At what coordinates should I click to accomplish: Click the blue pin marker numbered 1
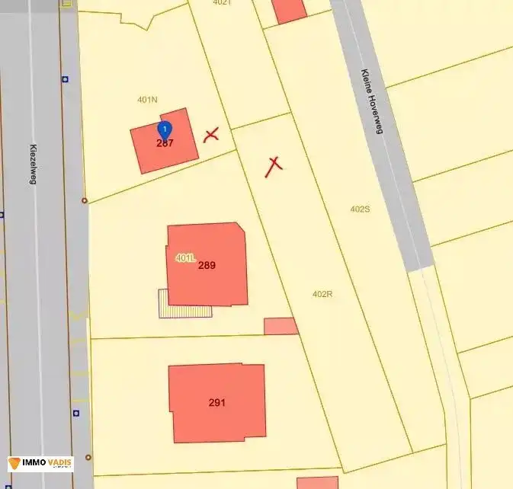tap(165, 129)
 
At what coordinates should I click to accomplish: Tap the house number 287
tap(165, 143)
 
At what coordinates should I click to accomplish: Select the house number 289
tap(207, 266)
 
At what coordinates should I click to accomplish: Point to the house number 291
tap(217, 402)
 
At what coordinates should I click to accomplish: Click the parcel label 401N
tap(147, 100)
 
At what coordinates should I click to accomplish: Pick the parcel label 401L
tap(184, 257)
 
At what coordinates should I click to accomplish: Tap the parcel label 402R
tap(322, 293)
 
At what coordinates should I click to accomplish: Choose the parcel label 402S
tap(360, 209)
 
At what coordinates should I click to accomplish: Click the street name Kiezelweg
tap(34, 165)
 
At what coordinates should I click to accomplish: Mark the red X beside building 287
tap(211, 136)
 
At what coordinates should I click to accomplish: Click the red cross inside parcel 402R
tap(274, 165)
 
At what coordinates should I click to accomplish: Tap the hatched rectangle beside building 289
tap(184, 303)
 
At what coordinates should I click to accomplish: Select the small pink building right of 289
tap(281, 326)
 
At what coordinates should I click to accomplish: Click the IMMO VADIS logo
tap(41, 463)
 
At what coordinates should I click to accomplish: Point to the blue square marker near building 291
tap(76, 413)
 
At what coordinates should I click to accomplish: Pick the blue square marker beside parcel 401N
tap(66, 78)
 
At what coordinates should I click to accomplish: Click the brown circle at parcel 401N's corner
tap(85, 200)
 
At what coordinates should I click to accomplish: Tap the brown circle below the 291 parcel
tap(88, 457)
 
